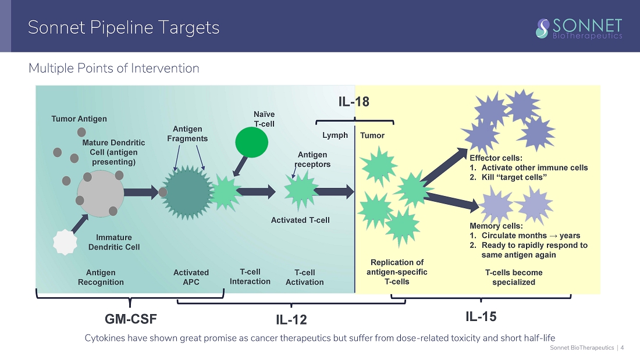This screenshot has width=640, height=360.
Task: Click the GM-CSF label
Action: click(x=131, y=319)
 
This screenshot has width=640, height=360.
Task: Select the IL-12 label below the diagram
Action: click(x=291, y=320)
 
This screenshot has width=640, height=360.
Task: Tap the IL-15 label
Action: click(x=481, y=316)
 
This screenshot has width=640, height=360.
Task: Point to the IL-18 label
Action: click(x=354, y=102)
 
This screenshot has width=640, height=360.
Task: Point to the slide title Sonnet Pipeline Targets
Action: click(x=124, y=27)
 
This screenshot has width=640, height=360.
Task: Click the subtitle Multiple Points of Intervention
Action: click(x=114, y=69)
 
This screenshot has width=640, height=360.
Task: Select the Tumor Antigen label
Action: click(x=79, y=119)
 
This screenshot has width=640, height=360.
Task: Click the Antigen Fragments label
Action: click(x=187, y=134)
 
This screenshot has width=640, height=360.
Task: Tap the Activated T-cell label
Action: click(x=300, y=220)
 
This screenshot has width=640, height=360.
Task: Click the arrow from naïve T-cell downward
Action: click(x=240, y=166)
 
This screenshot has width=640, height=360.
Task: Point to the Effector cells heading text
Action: click(x=496, y=158)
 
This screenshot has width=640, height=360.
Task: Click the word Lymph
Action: click(x=335, y=135)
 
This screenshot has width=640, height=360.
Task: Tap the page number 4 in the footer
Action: click(x=623, y=348)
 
